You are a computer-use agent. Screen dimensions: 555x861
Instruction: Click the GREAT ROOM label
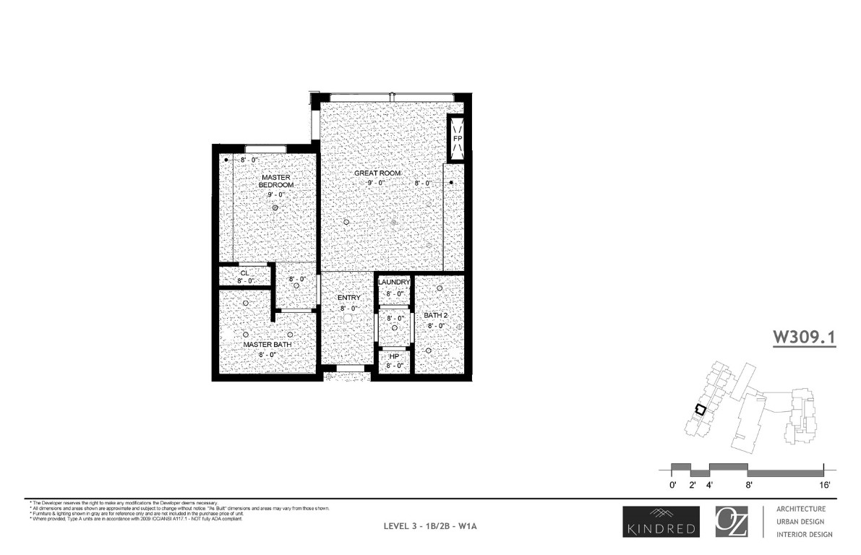[377, 173]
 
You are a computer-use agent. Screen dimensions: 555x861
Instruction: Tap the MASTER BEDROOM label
[276, 181]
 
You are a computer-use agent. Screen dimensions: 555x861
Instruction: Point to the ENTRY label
[348, 298]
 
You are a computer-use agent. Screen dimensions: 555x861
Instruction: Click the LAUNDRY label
[394, 282]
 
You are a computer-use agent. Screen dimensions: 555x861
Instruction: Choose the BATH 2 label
[436, 315]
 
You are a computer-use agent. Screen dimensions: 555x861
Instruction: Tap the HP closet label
[394, 356]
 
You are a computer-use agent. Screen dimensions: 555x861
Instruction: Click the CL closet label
[244, 272]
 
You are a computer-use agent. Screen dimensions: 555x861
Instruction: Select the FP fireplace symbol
[457, 137]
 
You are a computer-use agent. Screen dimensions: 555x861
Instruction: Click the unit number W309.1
[804, 337]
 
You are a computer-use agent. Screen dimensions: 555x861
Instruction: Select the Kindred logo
[661, 522]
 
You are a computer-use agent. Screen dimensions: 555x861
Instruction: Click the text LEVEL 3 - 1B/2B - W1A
[430, 526]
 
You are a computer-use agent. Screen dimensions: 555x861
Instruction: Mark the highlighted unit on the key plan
[699, 409]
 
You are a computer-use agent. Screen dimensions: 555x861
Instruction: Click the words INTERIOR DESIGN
[804, 535]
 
